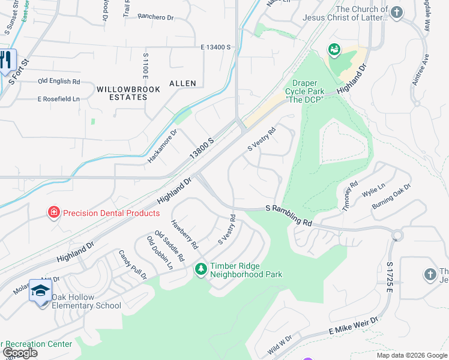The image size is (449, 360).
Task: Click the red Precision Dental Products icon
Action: (54, 212)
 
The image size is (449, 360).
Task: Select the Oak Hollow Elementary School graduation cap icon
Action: (40, 290)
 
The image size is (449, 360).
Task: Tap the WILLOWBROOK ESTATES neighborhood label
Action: (120, 92)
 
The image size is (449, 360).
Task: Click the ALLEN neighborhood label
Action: (182, 83)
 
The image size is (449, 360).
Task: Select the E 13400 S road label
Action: (216, 47)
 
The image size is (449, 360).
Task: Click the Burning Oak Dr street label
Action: (391, 196)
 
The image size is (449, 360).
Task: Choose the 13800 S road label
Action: (202, 147)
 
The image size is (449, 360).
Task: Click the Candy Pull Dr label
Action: (133, 265)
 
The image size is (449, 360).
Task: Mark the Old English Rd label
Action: (59, 81)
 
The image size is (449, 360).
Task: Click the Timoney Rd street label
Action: (350, 196)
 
